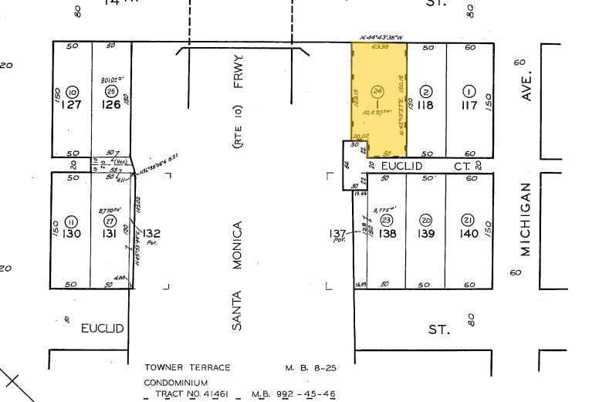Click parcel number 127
pyautogui.click(x=72, y=105)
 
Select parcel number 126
pyautogui.click(x=111, y=105)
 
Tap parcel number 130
pyautogui.click(x=72, y=234)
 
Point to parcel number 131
pyautogui.click(x=110, y=234)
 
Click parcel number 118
pyautogui.click(x=426, y=105)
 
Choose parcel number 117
pyautogui.click(x=469, y=105)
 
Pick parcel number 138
pyautogui.click(x=387, y=233)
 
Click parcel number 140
pyautogui.click(x=469, y=233)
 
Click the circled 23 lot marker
pyautogui.click(x=387, y=220)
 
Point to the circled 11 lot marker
pyautogui.click(x=72, y=221)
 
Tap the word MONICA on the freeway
pyautogui.click(x=239, y=245)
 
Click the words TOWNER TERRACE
pyautogui.click(x=187, y=368)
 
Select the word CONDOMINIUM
pyautogui.click(x=176, y=382)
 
